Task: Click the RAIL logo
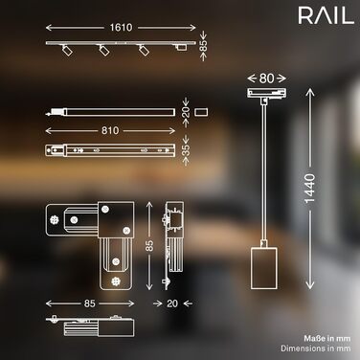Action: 326,16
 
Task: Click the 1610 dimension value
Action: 121,28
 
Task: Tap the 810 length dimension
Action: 110,130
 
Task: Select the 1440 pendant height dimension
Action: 309,189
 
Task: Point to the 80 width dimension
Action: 266,79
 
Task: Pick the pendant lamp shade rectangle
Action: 263,268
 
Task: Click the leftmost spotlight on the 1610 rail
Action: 67,50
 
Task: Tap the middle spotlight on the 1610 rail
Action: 104,50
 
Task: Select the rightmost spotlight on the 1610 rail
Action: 144,50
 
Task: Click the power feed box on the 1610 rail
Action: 181,48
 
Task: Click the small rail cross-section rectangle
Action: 201,112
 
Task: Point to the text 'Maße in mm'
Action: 327,338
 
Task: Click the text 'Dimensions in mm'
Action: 316,349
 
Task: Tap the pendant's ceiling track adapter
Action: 267,92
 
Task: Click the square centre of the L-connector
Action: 116,219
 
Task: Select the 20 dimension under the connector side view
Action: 172,304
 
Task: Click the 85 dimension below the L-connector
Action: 90,304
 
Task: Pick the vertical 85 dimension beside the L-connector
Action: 149,246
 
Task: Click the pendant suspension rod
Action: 263,172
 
